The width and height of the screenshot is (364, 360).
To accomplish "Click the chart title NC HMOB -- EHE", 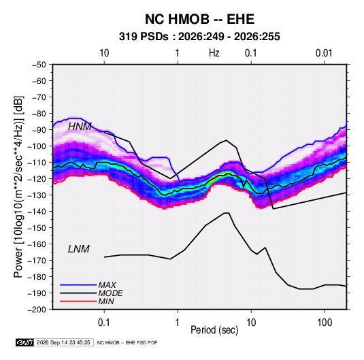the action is (x=199, y=19).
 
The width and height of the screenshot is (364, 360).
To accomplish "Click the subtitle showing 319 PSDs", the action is (x=199, y=37).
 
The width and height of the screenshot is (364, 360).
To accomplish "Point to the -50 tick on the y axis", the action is (x=39, y=65).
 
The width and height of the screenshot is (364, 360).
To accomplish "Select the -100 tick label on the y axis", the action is (x=37, y=146).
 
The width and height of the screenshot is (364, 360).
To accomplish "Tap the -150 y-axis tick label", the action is (x=37, y=227).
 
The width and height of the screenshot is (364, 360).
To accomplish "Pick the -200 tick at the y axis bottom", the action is (x=37, y=310).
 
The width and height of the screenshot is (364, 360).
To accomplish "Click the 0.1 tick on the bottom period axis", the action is (x=104, y=323).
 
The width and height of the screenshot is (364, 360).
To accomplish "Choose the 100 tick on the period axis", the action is (x=325, y=323).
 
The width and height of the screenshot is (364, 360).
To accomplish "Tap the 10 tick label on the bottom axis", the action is (x=251, y=323).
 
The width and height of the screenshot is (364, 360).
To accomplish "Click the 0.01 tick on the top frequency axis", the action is (x=324, y=53).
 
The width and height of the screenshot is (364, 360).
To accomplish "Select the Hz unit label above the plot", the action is (x=214, y=53).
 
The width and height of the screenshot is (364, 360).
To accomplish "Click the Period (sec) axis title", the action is (x=214, y=330).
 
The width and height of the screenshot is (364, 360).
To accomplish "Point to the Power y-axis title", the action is (x=18, y=187).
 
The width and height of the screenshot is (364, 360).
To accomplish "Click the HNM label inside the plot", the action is (x=80, y=127).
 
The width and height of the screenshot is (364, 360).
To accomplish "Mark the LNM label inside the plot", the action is (x=79, y=249).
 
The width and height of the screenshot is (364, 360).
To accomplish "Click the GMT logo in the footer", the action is (x=25, y=342).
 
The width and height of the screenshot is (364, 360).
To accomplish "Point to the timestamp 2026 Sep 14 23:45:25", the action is (x=63, y=342).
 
